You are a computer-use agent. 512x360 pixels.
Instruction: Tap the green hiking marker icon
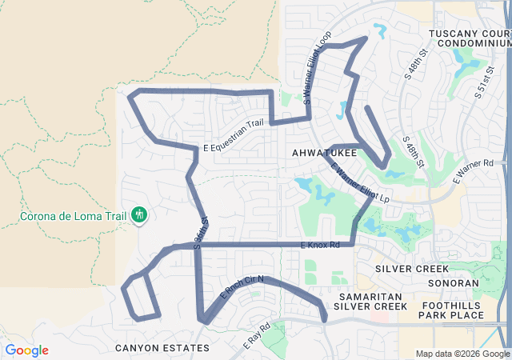(x=140, y=214)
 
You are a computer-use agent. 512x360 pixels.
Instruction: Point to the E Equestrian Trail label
(x=233, y=146)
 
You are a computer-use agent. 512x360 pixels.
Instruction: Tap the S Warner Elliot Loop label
(x=315, y=67)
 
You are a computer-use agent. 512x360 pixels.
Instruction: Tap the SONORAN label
(x=454, y=283)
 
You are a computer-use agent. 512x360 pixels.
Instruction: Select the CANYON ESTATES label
(x=162, y=348)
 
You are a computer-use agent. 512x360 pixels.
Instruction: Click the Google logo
(x=26, y=350)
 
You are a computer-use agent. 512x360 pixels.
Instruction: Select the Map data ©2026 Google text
(x=462, y=354)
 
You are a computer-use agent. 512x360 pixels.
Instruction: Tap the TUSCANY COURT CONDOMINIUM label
(x=469, y=38)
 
